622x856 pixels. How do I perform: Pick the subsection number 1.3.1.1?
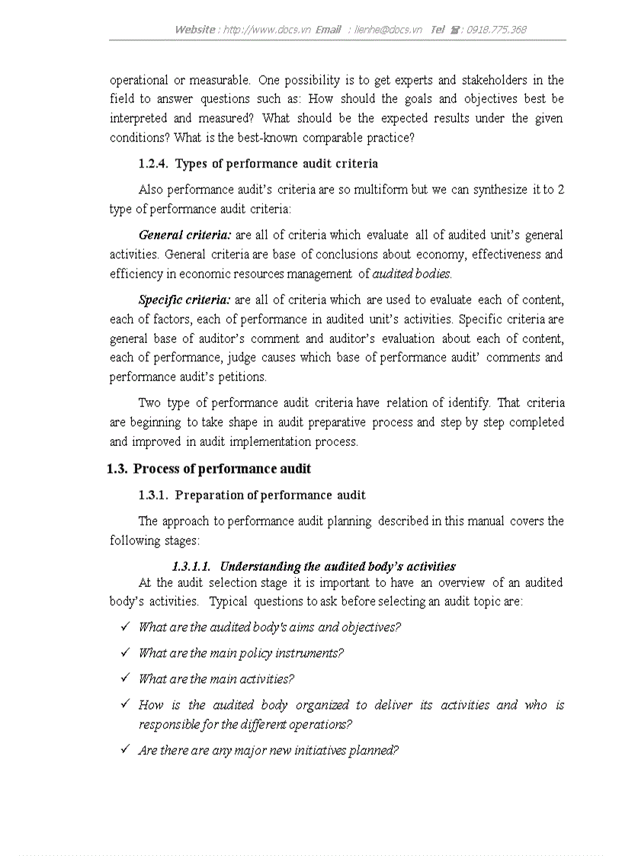tap(191, 566)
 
